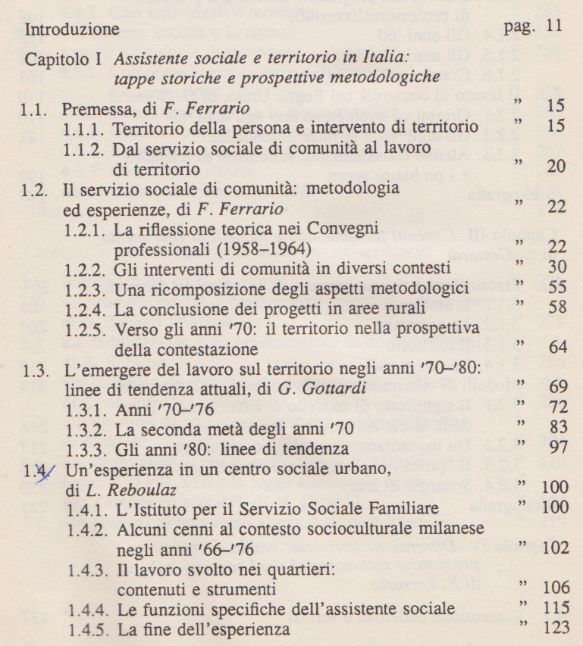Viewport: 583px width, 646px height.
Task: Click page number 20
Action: pos(559,165)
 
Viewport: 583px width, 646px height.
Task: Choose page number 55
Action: pos(559,288)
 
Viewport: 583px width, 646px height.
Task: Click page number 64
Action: pos(559,348)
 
